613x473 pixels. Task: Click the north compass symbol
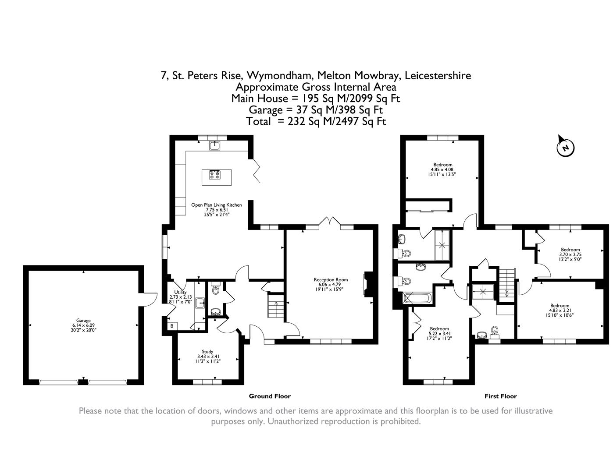[x=565, y=147]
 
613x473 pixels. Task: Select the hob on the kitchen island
[x=215, y=174]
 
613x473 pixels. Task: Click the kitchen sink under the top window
[x=215, y=145]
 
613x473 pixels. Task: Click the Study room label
[x=207, y=356]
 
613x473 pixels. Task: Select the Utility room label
[x=180, y=297]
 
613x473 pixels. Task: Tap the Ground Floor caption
[x=270, y=396]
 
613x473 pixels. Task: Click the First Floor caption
[x=500, y=396]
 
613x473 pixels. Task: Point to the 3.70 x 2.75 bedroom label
[x=570, y=254]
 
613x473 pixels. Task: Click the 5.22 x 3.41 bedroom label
[x=439, y=333]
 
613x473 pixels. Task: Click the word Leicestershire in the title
[x=438, y=75]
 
